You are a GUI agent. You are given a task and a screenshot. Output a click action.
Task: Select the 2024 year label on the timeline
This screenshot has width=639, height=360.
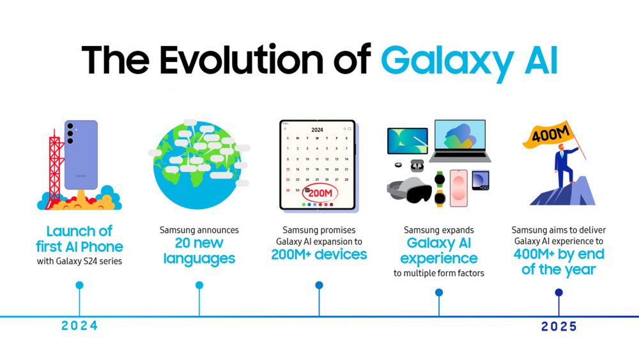click(79, 325)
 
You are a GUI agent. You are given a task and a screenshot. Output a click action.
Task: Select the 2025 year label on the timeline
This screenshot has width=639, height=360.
click(558, 327)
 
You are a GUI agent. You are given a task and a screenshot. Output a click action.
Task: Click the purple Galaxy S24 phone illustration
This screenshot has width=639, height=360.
click(81, 155)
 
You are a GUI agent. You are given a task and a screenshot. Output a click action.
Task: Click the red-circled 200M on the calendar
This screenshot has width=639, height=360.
click(320, 193)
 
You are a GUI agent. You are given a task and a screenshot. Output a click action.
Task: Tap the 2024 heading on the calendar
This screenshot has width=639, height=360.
click(317, 130)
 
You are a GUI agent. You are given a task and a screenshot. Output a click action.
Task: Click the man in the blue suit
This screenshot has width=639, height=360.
click(564, 165)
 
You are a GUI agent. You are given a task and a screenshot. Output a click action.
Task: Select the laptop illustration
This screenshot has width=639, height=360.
click(460, 141)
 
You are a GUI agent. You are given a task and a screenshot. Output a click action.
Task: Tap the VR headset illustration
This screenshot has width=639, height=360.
click(409, 191)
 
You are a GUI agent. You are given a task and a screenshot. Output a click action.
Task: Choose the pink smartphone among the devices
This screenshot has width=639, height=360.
click(458, 188)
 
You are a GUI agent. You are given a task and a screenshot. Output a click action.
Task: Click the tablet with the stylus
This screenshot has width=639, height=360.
click(408, 141)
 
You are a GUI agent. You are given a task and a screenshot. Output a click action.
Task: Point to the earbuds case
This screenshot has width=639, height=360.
click(417, 166)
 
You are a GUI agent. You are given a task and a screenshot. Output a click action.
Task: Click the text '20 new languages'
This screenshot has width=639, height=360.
click(199, 250)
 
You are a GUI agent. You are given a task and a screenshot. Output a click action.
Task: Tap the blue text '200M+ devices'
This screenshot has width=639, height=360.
click(319, 254)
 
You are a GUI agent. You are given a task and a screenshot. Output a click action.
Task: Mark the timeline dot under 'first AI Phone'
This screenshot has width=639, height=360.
click(79, 285)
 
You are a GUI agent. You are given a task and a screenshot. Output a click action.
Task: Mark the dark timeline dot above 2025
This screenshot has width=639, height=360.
click(558, 292)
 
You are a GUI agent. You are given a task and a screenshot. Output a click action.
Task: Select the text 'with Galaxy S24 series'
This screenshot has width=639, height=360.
click(79, 262)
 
